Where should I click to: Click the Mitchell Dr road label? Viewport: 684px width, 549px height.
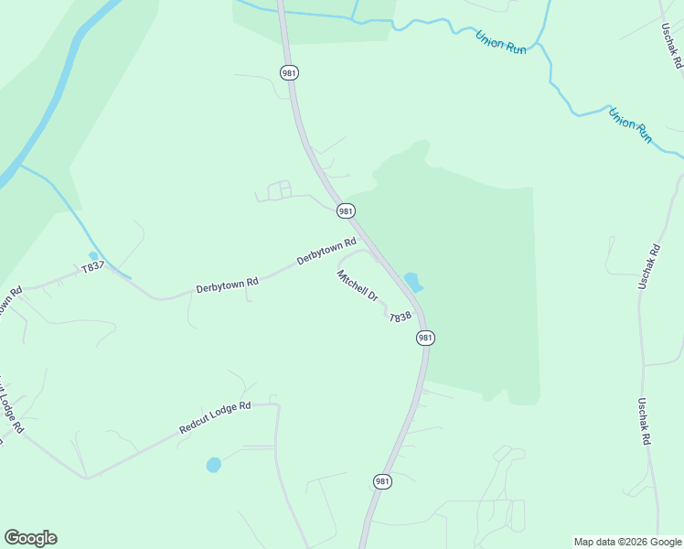(x=358, y=285)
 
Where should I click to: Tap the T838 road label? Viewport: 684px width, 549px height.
(x=401, y=318)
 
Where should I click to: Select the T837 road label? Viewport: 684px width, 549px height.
(x=93, y=268)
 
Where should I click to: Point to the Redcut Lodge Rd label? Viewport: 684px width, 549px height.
(x=215, y=417)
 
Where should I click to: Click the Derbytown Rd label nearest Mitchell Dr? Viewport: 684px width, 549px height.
(x=326, y=253)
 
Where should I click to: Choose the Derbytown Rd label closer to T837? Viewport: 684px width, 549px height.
(x=227, y=285)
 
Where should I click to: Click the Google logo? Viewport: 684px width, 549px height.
(x=30, y=538)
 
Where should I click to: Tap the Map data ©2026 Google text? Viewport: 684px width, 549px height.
(x=627, y=542)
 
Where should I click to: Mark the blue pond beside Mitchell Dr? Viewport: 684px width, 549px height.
(x=413, y=282)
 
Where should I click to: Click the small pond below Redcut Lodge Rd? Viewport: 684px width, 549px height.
(x=213, y=465)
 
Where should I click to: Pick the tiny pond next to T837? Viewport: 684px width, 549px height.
(x=93, y=256)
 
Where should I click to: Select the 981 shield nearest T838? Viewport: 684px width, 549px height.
(x=424, y=338)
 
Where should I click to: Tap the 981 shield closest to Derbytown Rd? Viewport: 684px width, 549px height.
(x=345, y=211)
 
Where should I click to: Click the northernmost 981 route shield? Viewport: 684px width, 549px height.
(x=290, y=72)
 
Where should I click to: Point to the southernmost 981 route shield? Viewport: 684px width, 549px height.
(x=382, y=481)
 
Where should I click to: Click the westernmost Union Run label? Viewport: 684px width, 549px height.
(x=501, y=42)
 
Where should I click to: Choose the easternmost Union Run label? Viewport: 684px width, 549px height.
(x=631, y=125)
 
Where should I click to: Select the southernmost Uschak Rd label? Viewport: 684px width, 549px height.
(x=646, y=422)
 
